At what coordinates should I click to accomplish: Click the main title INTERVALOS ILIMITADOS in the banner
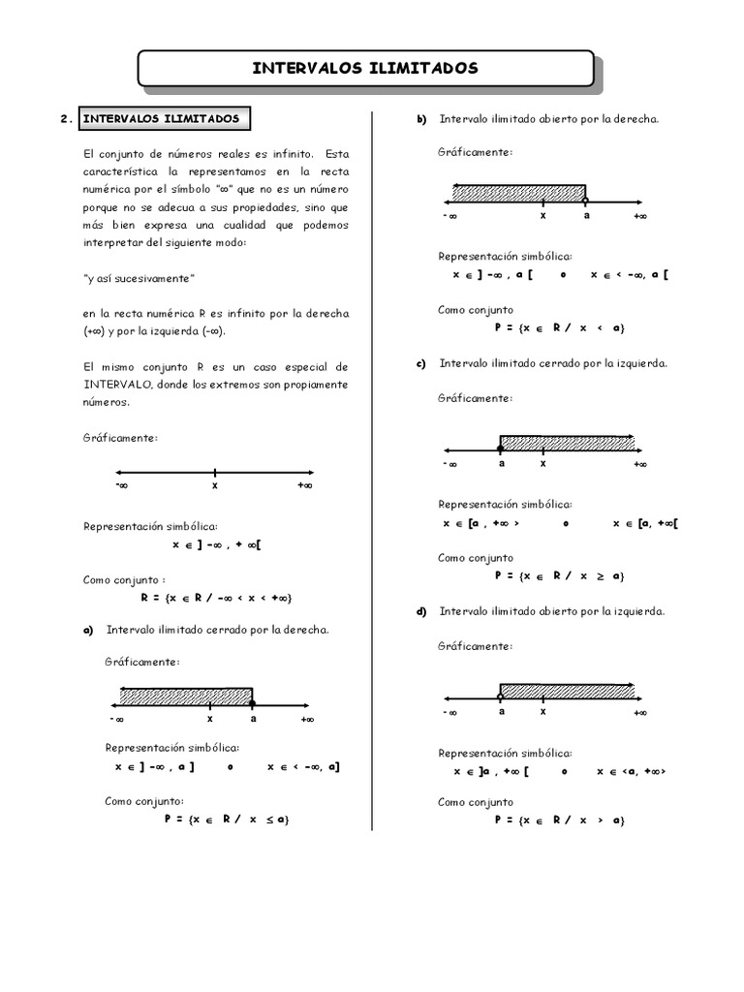point(364,68)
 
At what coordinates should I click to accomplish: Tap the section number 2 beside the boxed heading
point(64,120)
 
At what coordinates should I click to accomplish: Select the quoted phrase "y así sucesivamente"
point(139,278)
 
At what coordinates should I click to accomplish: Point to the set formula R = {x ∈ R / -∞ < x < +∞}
point(216,598)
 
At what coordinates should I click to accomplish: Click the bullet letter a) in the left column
point(87,630)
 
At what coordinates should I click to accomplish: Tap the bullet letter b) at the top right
point(421,119)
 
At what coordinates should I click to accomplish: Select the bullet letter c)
point(421,364)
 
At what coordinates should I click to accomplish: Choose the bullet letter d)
point(421,611)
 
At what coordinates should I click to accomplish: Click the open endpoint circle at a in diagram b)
point(585,200)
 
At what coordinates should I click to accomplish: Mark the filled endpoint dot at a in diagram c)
point(500,449)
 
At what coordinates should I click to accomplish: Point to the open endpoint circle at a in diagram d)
point(500,697)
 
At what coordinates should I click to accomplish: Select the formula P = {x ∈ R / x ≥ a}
point(559,575)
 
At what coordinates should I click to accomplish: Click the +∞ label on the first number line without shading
point(305,486)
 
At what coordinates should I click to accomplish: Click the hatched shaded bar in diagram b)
point(518,191)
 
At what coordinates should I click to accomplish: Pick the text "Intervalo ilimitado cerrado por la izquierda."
point(552,364)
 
